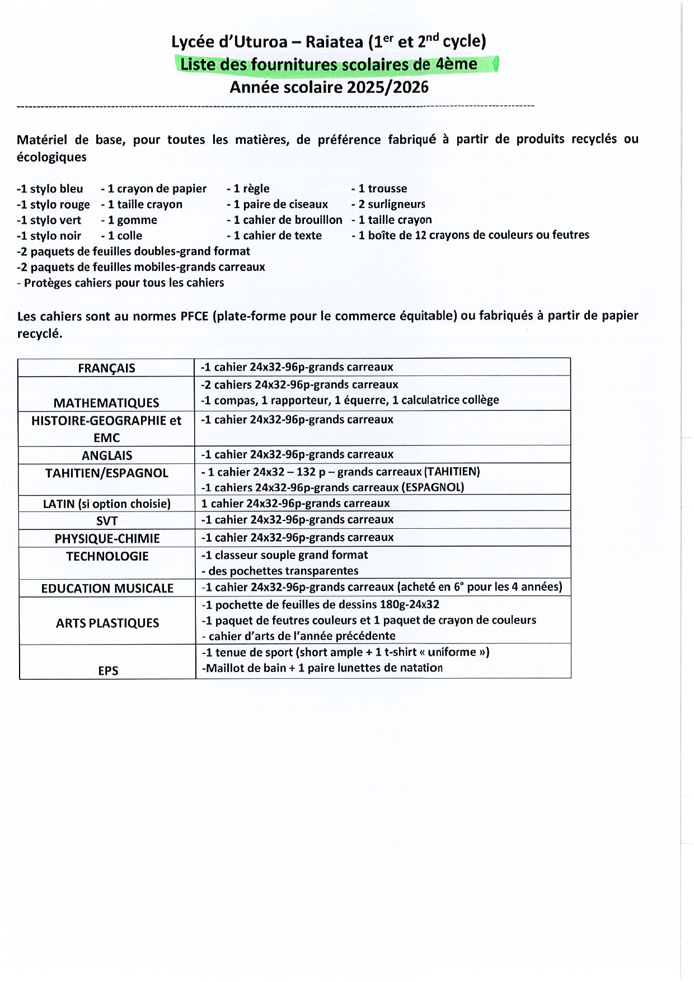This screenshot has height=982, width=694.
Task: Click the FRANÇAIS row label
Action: [106, 368]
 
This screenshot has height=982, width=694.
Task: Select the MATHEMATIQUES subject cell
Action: [106, 403]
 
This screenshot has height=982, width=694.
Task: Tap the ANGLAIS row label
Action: [107, 455]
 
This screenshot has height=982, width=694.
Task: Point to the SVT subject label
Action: [107, 521]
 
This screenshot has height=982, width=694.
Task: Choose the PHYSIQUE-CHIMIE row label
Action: [107, 539]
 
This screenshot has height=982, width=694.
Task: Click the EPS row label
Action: [108, 670]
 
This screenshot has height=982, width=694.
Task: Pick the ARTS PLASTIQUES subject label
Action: [107, 623]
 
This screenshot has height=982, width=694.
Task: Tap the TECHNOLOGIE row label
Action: [107, 557]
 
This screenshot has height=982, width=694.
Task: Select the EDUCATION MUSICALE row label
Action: [107, 589]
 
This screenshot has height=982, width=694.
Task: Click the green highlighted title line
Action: [329, 64]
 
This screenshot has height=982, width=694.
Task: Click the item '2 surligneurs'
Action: [392, 204]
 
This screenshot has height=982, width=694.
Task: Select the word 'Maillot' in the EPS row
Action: [224, 668]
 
